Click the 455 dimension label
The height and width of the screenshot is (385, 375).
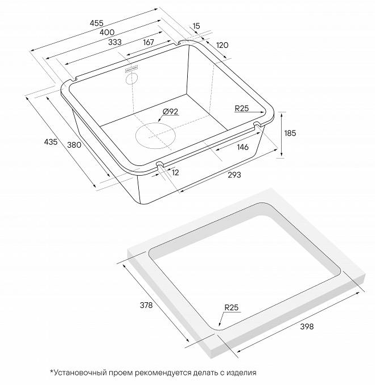point(97,23)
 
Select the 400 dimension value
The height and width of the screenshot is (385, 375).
point(107,32)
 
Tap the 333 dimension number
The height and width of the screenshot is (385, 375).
point(115,42)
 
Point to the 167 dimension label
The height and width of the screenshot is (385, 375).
point(149,42)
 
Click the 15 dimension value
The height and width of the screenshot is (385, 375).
point(196,26)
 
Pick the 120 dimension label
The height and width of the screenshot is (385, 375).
point(222,45)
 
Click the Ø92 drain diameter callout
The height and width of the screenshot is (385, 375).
point(171,112)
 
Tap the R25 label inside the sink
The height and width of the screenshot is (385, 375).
point(241,108)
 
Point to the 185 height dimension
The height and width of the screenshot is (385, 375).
point(290,133)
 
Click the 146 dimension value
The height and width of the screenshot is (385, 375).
point(243,147)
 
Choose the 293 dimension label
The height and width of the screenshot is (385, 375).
point(234,175)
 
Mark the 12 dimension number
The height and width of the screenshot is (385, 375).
point(175,173)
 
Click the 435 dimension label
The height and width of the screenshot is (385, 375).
point(51,141)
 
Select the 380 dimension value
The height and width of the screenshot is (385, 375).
point(74,145)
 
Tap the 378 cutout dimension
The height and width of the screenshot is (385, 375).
point(146,305)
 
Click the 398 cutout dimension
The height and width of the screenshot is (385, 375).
point(307,326)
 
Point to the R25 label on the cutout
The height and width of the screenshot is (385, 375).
point(231,307)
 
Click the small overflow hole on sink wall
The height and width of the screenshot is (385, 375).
point(131,79)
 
